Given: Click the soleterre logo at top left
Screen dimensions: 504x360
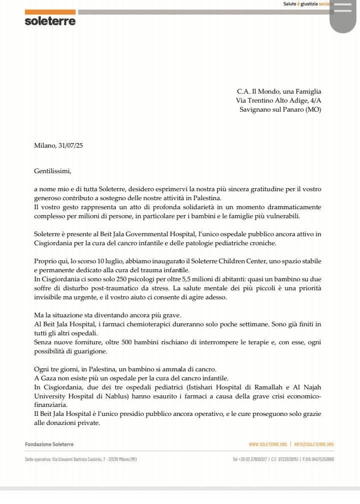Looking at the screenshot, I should point(50,21).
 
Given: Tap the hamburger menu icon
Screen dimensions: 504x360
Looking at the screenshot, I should point(345,10).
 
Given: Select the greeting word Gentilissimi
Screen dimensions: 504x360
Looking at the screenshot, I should point(53,171).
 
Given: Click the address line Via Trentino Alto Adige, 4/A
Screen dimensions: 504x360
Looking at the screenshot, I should point(278,100).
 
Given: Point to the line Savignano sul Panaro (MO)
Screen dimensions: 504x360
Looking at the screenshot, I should point(280,109).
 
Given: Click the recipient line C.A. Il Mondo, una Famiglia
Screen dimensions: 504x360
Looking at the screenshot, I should point(279,91).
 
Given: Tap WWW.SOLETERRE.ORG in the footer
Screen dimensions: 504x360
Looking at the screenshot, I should point(267,444).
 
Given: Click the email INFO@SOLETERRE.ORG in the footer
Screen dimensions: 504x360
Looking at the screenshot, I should point(313,444).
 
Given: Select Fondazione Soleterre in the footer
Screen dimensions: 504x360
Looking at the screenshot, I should point(49,444).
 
